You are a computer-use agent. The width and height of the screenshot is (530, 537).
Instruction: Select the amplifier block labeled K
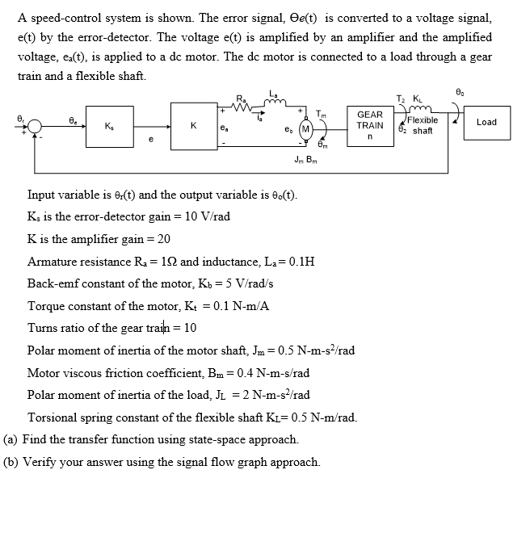tap(192, 125)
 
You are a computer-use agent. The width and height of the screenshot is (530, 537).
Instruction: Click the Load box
tap(486, 122)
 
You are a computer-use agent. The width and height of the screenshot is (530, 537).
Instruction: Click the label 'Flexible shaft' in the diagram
tap(423, 125)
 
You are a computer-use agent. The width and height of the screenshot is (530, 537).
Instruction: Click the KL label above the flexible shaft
tap(417, 99)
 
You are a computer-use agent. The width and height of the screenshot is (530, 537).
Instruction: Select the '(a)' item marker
tap(11, 440)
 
